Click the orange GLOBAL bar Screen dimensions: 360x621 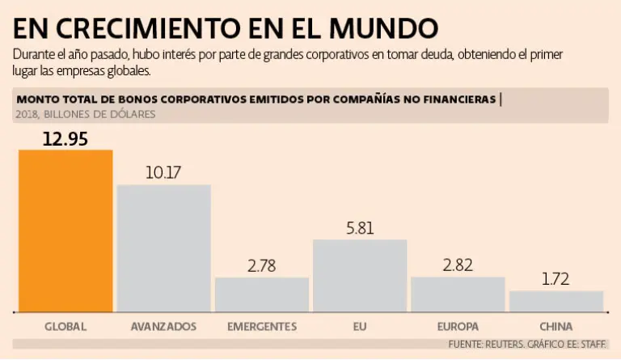point(65,231)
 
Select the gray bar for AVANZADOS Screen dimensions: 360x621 point(163,248)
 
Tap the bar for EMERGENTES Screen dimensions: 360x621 point(261,294)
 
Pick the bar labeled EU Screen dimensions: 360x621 point(359,275)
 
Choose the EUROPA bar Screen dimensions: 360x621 point(457,294)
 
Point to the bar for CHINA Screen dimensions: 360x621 point(556,301)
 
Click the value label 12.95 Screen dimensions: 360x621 point(66,138)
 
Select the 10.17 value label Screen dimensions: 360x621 point(164,172)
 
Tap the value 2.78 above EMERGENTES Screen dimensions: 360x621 point(262,265)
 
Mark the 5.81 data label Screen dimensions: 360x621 point(360,227)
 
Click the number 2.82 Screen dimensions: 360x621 point(458,265)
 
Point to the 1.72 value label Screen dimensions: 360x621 point(556,279)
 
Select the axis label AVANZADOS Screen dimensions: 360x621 point(163,327)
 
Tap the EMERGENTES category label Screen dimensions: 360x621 point(262,327)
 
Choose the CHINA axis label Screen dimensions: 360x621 point(556,327)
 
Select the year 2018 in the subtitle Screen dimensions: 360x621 point(27,114)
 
